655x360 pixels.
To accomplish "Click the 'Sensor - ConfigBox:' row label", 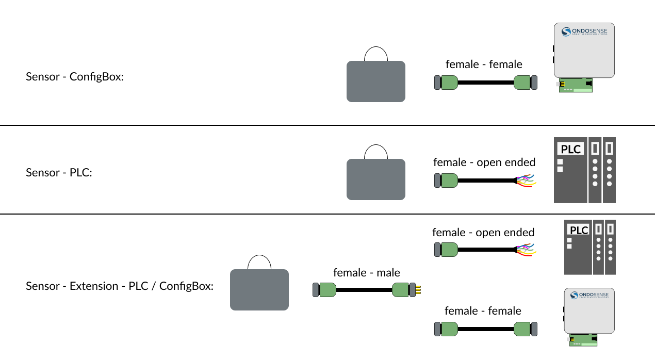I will (x=75, y=77).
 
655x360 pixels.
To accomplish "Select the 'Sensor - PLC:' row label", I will (x=59, y=172).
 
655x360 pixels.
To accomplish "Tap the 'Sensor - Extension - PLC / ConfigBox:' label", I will (x=120, y=286).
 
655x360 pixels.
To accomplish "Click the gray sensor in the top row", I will (x=375, y=81).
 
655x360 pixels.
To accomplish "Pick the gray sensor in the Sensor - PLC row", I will (x=375, y=179).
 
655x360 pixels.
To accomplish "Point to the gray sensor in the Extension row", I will (x=259, y=289).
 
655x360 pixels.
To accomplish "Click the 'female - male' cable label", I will (x=366, y=272).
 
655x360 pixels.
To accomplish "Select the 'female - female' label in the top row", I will (x=484, y=64).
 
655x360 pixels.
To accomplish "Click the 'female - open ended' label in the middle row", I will (x=484, y=162).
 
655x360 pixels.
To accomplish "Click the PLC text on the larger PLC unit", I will (x=570, y=150).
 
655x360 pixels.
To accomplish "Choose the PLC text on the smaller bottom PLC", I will (x=579, y=230).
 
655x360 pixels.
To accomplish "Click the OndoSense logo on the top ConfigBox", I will (x=584, y=32).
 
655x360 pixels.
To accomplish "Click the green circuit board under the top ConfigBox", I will (x=576, y=85).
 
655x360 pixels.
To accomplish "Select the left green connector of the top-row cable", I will (x=449, y=83).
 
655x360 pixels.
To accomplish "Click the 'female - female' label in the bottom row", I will (x=483, y=310).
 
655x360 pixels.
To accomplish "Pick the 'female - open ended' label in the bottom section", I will (x=483, y=232).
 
